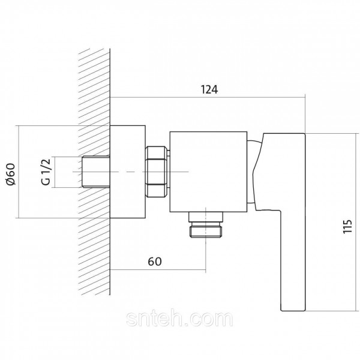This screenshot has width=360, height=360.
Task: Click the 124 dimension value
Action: coord(209,89)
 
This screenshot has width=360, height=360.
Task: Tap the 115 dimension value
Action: coord(347,227)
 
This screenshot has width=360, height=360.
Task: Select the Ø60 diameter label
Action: coord(11,174)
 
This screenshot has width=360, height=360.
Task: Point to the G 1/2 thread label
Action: coord(46,172)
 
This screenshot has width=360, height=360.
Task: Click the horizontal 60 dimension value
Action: coord(155,262)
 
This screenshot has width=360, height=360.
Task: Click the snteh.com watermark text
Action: coord(179,319)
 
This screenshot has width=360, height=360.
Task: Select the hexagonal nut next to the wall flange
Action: coord(157,172)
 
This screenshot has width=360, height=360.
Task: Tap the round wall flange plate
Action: coord(128,172)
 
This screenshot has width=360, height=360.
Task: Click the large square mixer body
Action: coord(208,172)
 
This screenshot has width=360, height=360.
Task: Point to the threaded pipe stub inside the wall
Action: coord(96,172)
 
